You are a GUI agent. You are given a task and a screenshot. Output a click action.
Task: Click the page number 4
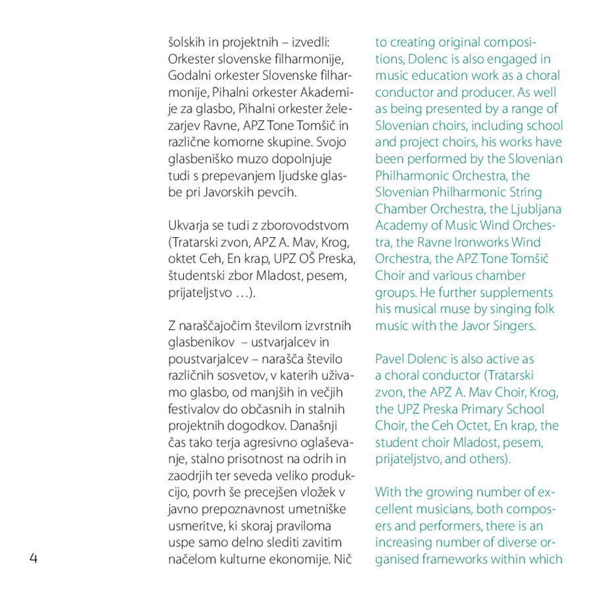pyautogui.click(x=34, y=559)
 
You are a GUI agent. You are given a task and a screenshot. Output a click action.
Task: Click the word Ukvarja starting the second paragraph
pyautogui.click(x=189, y=226)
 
